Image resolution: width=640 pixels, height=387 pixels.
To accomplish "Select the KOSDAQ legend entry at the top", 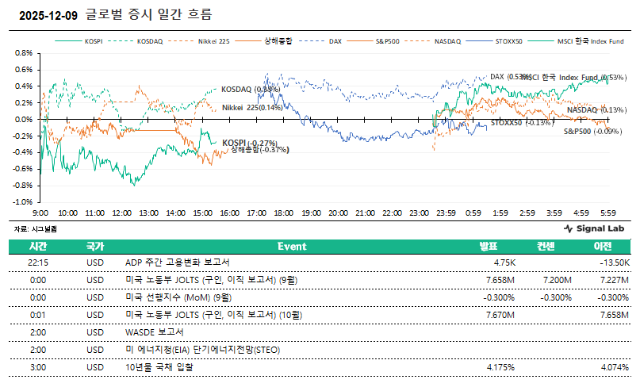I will pos(149,40).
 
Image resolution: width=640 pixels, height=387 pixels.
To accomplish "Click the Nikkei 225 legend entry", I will pos(214,40).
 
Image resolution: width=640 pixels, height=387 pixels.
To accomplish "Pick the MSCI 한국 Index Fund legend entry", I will pos(590,40).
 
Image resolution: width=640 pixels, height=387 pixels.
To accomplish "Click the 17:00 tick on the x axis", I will pos(257,213).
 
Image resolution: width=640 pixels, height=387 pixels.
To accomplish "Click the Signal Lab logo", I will pos(594,228).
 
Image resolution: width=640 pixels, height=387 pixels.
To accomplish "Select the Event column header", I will pos(292,246).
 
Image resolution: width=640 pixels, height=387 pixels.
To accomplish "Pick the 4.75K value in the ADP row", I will pos(505,262).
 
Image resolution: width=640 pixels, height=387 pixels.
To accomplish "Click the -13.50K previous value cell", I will pos(614,262).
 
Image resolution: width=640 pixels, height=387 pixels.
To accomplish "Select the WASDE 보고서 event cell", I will pos(155,332).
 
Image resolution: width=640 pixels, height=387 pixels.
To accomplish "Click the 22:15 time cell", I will pos(38,262).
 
